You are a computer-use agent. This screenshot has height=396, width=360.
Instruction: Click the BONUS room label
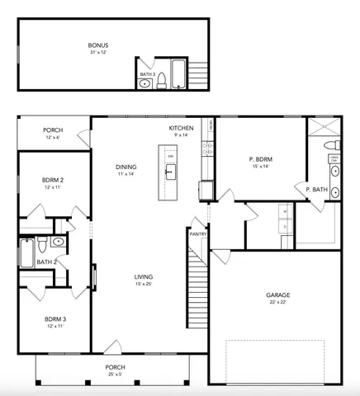pos(98,45)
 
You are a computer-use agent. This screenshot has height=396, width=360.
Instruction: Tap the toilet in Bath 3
pos(163,80)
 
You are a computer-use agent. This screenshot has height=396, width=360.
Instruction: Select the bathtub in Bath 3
pos(179,73)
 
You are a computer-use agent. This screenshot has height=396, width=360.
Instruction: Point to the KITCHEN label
pos(181,129)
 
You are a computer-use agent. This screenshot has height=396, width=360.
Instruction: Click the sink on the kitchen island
pos(170,172)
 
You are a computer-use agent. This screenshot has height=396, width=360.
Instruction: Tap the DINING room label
pos(126,167)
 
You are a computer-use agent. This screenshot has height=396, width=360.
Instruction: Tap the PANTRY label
pos(197,233)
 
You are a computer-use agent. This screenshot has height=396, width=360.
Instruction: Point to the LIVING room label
pos(144,276)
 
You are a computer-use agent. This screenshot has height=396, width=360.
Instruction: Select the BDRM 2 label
pos(54,179)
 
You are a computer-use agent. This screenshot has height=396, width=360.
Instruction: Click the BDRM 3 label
pos(55,318)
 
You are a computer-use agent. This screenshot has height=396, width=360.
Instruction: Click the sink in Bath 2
pos(58,242)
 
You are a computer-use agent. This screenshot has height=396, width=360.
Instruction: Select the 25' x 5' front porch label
pos(115,374)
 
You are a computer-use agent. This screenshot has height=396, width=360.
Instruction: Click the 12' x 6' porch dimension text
pos(53,137)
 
